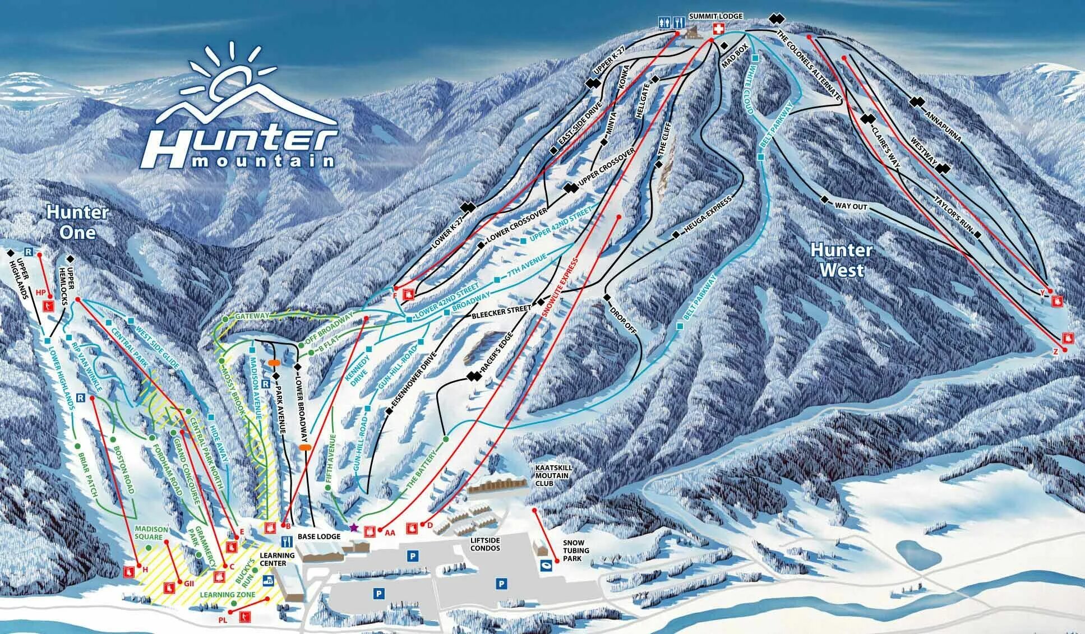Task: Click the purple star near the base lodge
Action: (x=353, y=527)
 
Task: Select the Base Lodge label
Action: (x=318, y=536)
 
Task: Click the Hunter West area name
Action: (x=841, y=260)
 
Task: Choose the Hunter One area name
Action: (x=77, y=222)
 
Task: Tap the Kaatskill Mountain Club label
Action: (x=552, y=475)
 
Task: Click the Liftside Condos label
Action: (x=484, y=544)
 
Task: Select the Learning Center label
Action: (x=277, y=559)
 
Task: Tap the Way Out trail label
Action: (x=851, y=207)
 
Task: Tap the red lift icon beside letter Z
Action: (x=1068, y=338)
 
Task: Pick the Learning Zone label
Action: (x=227, y=595)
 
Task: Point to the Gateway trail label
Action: (x=252, y=316)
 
